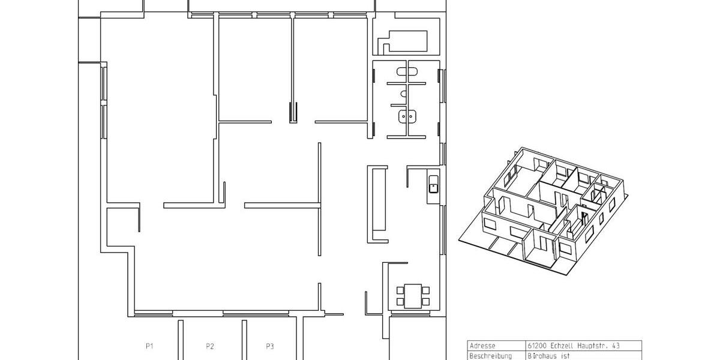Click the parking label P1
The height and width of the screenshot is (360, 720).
pos(150,346)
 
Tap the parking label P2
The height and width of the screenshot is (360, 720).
pos(210,346)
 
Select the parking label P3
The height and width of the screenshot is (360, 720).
pos(270,346)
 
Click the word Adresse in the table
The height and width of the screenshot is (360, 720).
pos(483,346)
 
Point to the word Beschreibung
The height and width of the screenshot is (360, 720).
pos(491,356)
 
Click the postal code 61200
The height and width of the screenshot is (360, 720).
pos(538,346)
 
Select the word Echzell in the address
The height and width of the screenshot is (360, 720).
pos(563,346)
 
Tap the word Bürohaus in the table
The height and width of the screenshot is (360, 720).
pos(543,356)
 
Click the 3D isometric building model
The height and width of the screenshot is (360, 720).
pos(543,210)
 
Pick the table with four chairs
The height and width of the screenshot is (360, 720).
pos(413,295)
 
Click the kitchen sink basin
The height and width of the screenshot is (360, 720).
pos(433,187)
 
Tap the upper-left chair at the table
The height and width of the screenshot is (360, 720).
pos(400,290)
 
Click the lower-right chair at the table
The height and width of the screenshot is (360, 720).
pos(425,301)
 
